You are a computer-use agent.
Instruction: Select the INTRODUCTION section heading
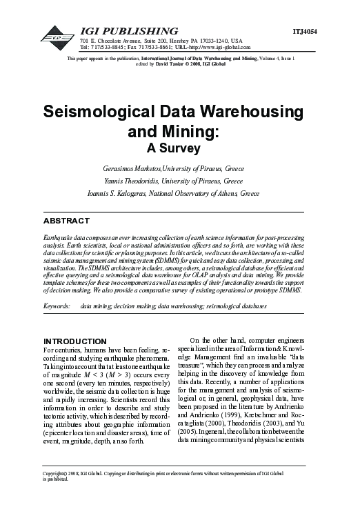pos(75,341)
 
